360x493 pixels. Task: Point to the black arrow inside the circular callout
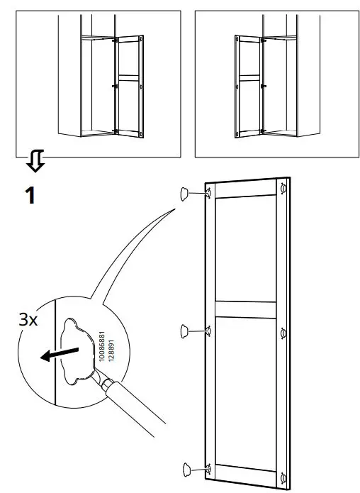pyautogui.click(x=60, y=353)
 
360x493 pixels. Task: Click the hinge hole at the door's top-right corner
pyautogui.click(x=283, y=188)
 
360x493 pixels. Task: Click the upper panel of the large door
pyautogui.click(x=245, y=248)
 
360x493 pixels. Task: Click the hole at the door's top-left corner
pyautogui.click(x=210, y=192)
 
